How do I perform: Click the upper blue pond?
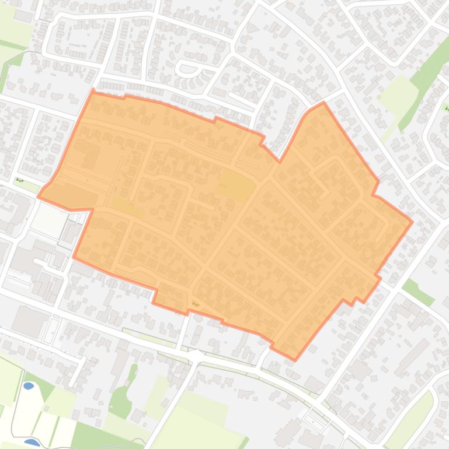(x=29, y=386)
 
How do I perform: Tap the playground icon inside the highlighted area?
(x=195, y=304)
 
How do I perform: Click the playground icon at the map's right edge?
(x=446, y=108)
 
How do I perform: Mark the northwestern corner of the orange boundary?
(x=93, y=90)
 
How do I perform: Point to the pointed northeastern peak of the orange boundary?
(x=323, y=103)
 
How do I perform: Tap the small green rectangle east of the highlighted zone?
(x=418, y=292)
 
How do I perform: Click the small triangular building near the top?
(x=252, y=27)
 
